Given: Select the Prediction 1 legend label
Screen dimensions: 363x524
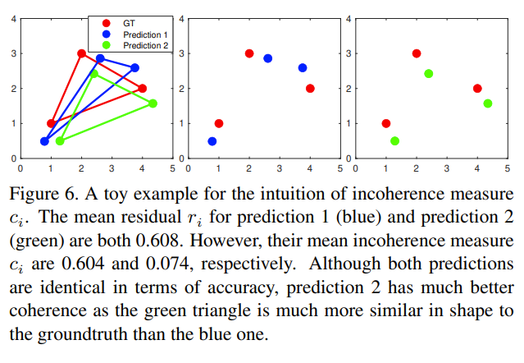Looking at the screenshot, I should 144,34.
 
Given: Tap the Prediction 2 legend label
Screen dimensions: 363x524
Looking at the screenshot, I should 144,45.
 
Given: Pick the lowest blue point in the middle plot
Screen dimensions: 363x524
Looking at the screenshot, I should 212,141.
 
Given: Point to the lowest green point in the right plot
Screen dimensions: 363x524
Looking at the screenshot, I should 394,141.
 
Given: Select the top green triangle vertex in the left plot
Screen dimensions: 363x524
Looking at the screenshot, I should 94,74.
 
